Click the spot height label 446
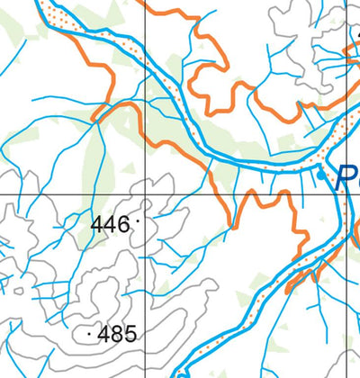[111, 224]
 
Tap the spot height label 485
[118, 335]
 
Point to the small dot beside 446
[137, 219]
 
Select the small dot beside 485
[90, 334]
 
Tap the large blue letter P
[346, 177]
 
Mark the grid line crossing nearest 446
[144, 194]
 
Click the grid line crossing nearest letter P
[346, 194]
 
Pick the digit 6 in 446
[124, 224]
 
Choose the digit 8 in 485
[118, 335]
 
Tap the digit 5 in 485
[130, 335]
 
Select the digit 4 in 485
[104, 335]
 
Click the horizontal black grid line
[54, 194]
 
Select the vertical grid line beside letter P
[346, 108]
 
